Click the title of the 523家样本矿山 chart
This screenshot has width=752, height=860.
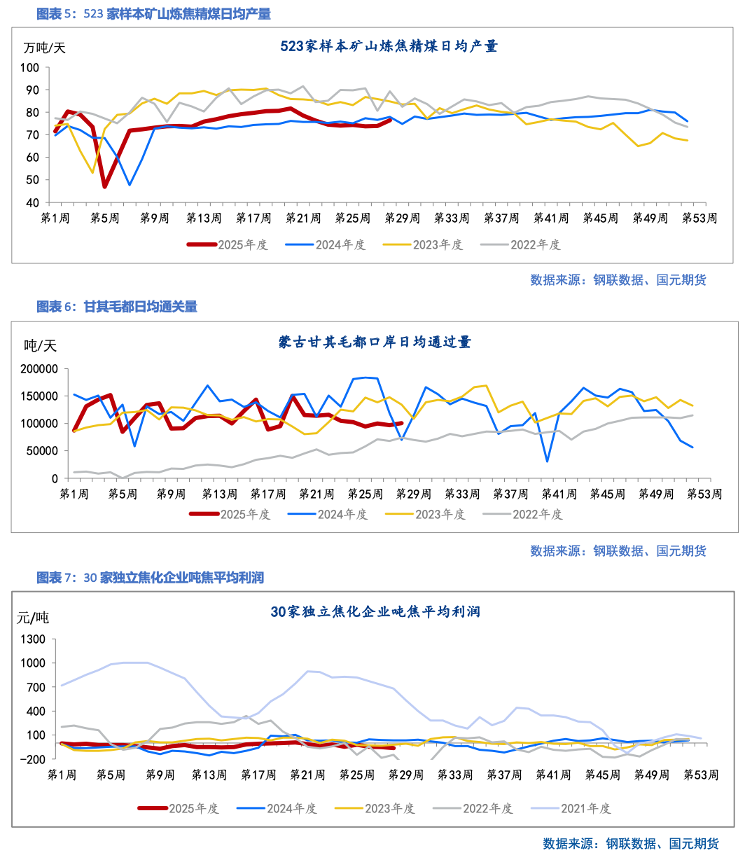click(x=389, y=46)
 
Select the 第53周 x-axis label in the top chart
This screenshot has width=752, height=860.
click(x=699, y=218)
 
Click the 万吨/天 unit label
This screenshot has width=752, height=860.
click(x=44, y=48)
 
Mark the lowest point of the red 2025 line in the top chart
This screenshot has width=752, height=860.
click(x=105, y=187)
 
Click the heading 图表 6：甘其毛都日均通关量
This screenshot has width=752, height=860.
click(x=117, y=307)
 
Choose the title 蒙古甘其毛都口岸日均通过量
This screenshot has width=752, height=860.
click(x=375, y=342)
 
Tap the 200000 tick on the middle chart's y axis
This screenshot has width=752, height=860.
click(x=39, y=369)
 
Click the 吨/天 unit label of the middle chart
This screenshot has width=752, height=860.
click(x=40, y=345)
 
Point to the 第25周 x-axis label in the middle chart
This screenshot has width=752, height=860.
click(x=365, y=494)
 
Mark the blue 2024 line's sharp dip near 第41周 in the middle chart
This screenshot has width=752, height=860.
click(x=547, y=461)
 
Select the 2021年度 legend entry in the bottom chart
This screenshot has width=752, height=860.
click(x=585, y=808)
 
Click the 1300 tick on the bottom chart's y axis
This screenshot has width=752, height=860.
click(x=34, y=639)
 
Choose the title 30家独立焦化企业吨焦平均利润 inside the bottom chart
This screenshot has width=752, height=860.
click(x=375, y=611)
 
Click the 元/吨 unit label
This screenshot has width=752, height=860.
click(x=33, y=618)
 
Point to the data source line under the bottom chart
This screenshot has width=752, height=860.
click(x=630, y=843)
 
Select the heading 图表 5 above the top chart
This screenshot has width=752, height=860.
click(x=153, y=14)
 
